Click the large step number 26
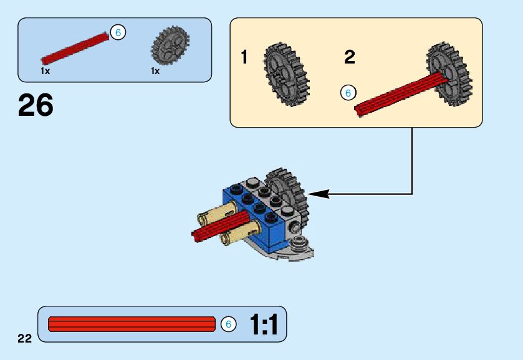point(36,105)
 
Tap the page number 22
point(24,338)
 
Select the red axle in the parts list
point(75,49)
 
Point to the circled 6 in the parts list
point(117,32)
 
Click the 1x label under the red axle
point(45,71)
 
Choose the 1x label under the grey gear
point(155,71)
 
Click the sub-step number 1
point(244,58)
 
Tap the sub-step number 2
point(350,58)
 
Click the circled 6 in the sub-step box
point(348,93)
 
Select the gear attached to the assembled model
point(287,189)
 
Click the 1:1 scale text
point(263,324)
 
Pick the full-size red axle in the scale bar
point(132,324)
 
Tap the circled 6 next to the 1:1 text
point(228,324)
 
